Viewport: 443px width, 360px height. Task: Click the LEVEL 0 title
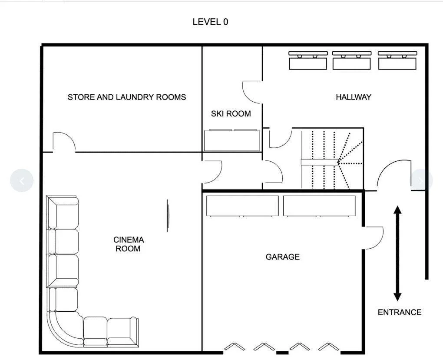[210, 22]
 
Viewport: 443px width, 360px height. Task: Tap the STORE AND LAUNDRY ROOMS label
[127, 97]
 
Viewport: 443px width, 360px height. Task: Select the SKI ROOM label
[231, 113]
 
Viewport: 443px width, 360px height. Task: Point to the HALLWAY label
[354, 97]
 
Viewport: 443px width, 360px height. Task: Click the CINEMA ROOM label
[129, 244]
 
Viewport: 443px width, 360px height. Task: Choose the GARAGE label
[283, 257]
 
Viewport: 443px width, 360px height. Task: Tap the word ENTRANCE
[400, 312]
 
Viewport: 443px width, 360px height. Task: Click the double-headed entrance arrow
[397, 253]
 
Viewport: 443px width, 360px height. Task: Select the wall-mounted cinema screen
[168, 216]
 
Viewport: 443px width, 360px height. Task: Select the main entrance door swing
[393, 174]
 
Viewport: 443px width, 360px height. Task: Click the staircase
[332, 159]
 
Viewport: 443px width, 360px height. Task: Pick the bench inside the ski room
[232, 140]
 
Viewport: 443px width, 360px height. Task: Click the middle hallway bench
[352, 60]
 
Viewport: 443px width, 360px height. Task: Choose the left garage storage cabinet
[242, 206]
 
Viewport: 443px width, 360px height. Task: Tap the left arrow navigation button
[22, 180]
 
